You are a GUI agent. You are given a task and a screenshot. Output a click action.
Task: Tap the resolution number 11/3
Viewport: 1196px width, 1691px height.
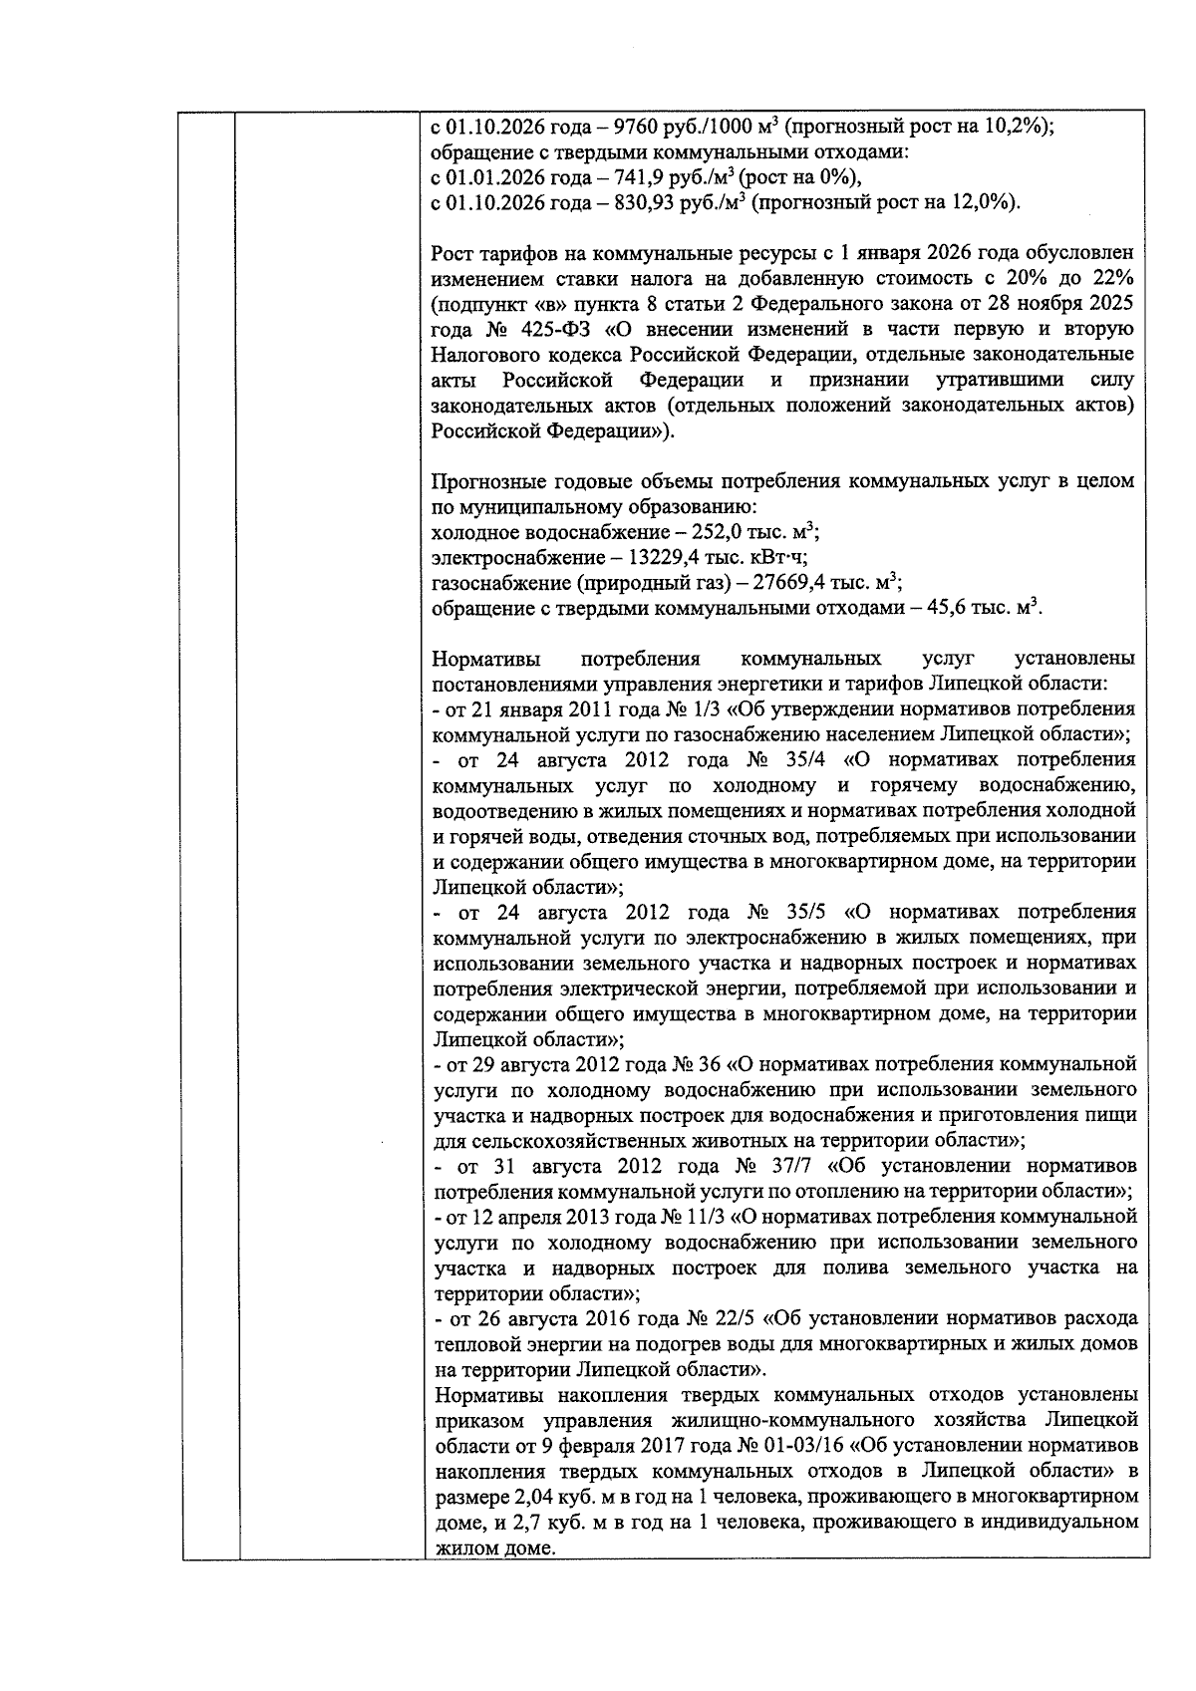click(706, 1218)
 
